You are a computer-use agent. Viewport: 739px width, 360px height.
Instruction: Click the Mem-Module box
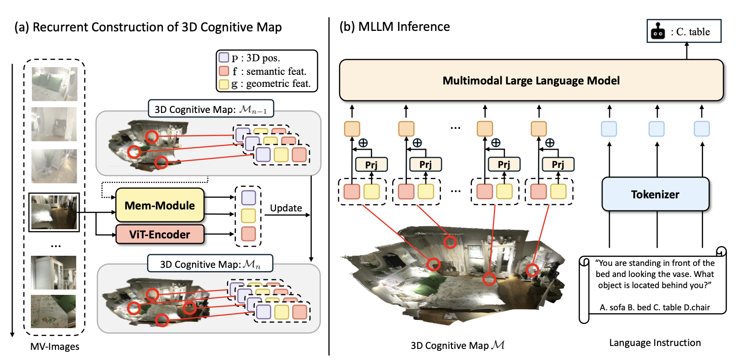pyautogui.click(x=160, y=206)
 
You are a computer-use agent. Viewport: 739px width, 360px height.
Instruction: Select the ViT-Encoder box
pyautogui.click(x=160, y=235)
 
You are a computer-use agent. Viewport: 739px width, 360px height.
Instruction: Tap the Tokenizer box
pyautogui.click(x=655, y=194)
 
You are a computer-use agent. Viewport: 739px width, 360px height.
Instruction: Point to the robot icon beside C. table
pyautogui.click(x=657, y=32)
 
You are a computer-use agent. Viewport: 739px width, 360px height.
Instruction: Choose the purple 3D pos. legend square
pyautogui.click(x=223, y=57)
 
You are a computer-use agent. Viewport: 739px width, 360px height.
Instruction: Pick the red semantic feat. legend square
pyautogui.click(x=223, y=71)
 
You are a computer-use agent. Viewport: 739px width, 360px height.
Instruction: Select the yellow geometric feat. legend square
pyautogui.click(x=223, y=84)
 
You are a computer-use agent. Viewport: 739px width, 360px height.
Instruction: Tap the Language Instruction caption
pyautogui.click(x=655, y=343)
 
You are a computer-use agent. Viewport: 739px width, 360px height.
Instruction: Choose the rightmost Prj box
pyautogui.click(x=558, y=165)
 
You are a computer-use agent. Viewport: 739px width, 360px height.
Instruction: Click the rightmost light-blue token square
pyautogui.click(x=701, y=128)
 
